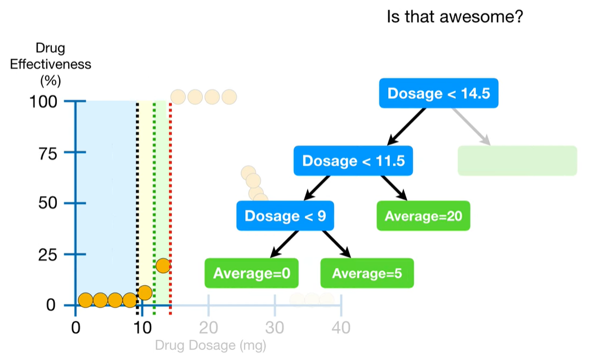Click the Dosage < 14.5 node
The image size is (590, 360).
[438, 94]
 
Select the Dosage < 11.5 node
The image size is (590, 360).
[353, 161]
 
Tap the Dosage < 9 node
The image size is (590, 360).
[285, 216]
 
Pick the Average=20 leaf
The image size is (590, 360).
[423, 216]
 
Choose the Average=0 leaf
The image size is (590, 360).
[251, 273]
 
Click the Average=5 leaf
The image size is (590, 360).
[367, 273]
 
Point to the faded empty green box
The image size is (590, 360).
[517, 161]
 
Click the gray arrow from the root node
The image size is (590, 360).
[471, 126]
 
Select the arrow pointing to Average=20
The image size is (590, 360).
[394, 188]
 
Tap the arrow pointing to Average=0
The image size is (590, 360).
[284, 244]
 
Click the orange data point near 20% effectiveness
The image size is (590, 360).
[163, 265]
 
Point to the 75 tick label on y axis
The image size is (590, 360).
[48, 153]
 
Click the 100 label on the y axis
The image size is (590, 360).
[43, 101]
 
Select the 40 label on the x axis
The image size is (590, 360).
[341, 328]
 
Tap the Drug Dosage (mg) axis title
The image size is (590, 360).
[211, 345]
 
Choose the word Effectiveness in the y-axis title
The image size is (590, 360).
[50, 64]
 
